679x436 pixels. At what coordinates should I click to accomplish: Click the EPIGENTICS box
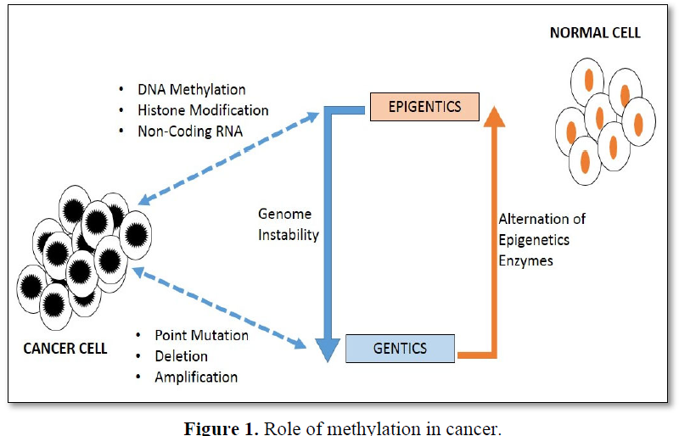pyautogui.click(x=424, y=108)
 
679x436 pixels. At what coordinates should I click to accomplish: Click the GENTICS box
pyautogui.click(x=400, y=349)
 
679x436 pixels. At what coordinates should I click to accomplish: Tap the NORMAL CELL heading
pyautogui.click(x=595, y=33)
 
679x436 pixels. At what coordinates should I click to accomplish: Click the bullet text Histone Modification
pyautogui.click(x=203, y=110)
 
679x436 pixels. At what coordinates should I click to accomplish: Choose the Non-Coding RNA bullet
pyautogui.click(x=190, y=131)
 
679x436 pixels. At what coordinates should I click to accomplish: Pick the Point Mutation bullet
pyautogui.click(x=201, y=335)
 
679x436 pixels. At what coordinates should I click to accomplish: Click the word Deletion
pyautogui.click(x=181, y=356)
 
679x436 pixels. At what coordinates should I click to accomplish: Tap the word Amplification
pyautogui.click(x=196, y=377)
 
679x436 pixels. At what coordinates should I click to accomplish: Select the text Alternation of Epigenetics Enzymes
pyautogui.click(x=541, y=240)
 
